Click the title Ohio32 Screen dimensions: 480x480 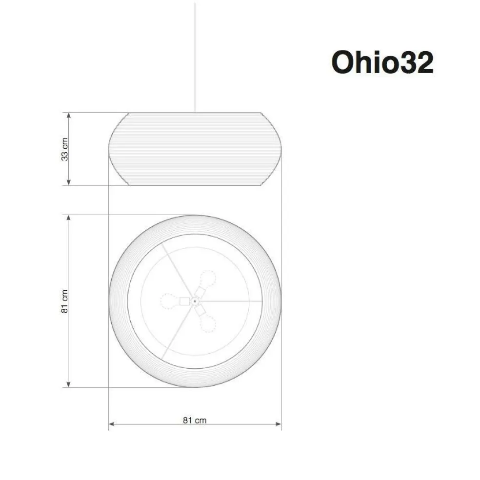point(382,62)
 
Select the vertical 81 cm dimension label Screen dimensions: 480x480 point(64,301)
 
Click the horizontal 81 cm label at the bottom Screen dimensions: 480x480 point(195,420)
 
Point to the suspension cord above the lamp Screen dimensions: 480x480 point(195,59)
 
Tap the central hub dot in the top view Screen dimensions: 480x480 point(195,301)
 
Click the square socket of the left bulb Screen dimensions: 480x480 point(184,301)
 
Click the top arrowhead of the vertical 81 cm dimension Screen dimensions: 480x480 point(69,218)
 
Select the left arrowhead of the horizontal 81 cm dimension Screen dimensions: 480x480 point(112,424)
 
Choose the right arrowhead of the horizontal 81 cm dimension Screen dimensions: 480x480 point(278,424)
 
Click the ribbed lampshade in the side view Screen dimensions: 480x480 point(195,149)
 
